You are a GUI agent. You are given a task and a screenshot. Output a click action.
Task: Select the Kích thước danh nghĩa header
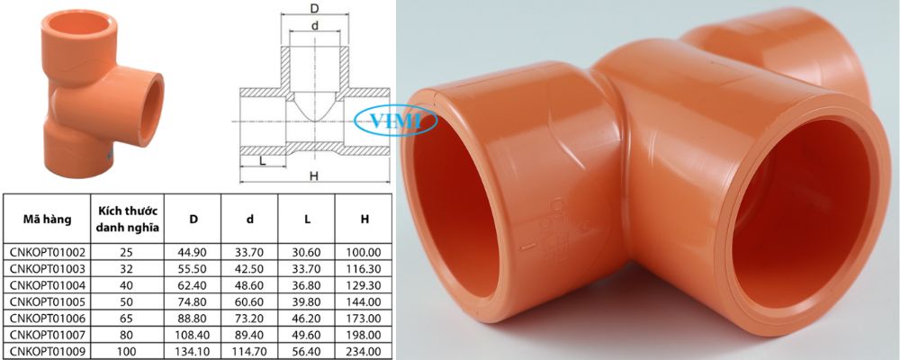[x=125, y=219]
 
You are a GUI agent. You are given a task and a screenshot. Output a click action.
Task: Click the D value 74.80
[x=193, y=302]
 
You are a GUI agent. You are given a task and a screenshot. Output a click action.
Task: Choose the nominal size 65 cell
[x=125, y=319]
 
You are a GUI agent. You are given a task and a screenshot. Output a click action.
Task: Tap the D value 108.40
[x=193, y=335]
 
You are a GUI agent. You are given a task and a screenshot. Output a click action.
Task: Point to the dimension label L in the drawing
[x=261, y=161]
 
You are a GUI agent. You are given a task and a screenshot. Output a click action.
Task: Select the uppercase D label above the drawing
[x=313, y=8]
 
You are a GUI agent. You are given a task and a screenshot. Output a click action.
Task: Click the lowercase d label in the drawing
[x=313, y=24]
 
